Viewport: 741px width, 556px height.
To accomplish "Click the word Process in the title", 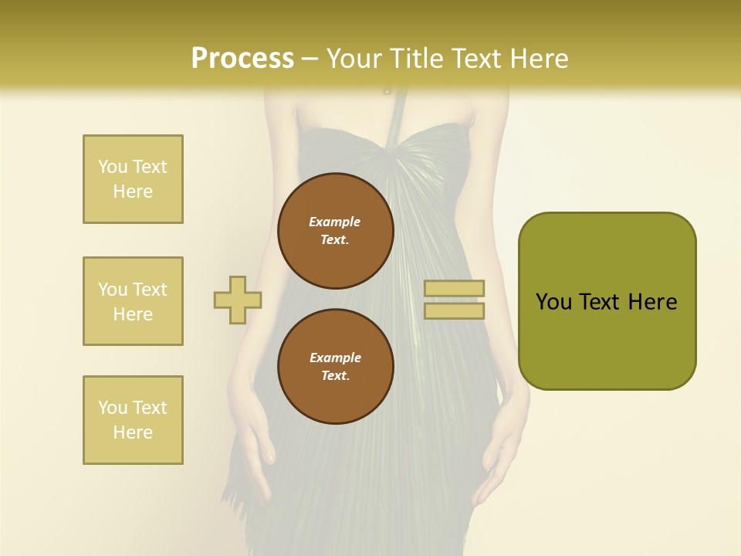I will pos(242,59).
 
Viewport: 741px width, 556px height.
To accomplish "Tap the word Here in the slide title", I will pos(533,59).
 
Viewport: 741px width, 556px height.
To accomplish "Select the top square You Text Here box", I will pos(133,179).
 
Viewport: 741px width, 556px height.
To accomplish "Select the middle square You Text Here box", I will pos(133,301).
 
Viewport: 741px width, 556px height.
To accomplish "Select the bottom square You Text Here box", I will pos(133,420).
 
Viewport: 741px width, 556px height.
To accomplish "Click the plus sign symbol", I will pos(238,300).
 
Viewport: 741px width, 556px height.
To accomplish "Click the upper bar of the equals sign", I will pos(454,289).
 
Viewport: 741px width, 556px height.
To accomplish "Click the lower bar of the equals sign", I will pos(454,310).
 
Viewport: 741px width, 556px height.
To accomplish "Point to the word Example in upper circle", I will pos(334,222).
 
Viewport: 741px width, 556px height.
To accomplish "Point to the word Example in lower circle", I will pos(334,358).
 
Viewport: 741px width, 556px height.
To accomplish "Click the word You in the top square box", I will pos(112,167).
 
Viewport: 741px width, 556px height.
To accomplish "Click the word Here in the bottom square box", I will pos(133,432).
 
